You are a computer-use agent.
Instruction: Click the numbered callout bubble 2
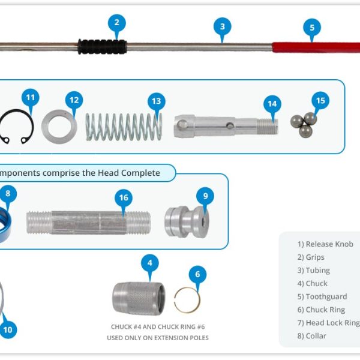[117, 23]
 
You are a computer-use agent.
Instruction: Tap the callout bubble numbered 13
[156, 101]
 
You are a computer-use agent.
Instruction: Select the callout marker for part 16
[124, 197]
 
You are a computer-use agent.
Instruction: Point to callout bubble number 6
[197, 275]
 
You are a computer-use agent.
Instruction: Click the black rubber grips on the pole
[102, 46]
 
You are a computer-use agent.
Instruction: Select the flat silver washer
[59, 125]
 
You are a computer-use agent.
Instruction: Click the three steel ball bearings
[304, 124]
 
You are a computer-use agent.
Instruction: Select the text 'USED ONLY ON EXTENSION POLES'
[158, 338]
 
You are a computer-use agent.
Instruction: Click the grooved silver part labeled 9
[185, 221]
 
